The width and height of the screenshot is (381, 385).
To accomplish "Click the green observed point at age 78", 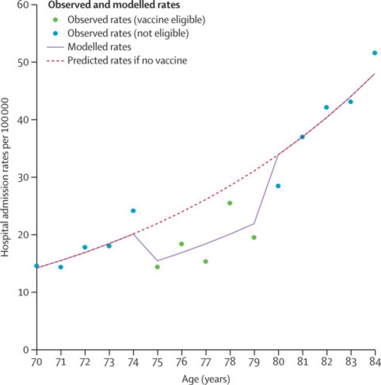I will point(230,203).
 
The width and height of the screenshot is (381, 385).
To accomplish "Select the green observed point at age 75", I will point(157,267).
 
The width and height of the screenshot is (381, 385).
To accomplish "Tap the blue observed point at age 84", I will point(374,53).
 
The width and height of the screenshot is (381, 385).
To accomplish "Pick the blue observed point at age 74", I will point(133,211).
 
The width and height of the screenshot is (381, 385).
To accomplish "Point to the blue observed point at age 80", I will point(278,186).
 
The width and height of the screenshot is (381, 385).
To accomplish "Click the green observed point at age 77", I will point(205,261).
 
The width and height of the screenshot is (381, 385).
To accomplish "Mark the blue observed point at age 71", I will point(61,267).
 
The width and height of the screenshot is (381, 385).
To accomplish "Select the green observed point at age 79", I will point(254,237).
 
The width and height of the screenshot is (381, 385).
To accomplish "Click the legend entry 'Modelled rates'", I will point(99,47).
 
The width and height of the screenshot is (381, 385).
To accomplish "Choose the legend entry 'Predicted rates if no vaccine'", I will point(127,60).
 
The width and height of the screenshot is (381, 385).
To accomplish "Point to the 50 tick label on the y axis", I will point(24,62).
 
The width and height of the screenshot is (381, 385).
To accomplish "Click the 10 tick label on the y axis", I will point(24,292).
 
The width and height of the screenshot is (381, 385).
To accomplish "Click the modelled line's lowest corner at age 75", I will point(157,261).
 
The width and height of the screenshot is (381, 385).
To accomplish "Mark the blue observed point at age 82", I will point(326,107).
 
